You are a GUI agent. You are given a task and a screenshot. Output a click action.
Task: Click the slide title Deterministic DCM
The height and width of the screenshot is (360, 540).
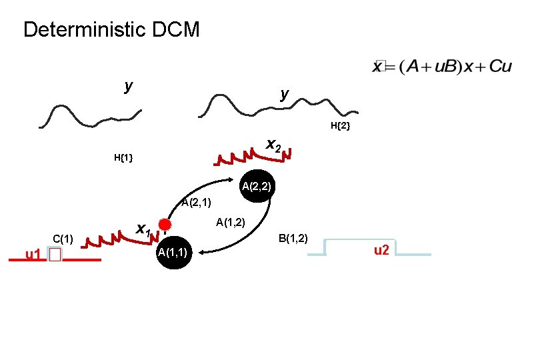pos(111,30)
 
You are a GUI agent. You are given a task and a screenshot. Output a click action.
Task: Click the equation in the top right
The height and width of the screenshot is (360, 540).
pos(441,67)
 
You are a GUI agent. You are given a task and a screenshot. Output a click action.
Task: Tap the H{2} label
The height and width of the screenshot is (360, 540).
pos(340,125)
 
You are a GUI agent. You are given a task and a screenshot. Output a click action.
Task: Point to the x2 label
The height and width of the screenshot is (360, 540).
pos(273,145)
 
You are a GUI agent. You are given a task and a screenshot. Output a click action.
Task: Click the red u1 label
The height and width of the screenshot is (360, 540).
pos(33,254)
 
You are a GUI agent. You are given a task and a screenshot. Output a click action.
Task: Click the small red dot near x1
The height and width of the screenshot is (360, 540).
pos(165,224)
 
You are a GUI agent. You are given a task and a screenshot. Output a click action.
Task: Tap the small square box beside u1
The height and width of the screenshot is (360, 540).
pos(54,255)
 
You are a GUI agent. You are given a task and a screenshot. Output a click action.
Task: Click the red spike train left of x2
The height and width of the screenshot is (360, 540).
pos(237,157)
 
